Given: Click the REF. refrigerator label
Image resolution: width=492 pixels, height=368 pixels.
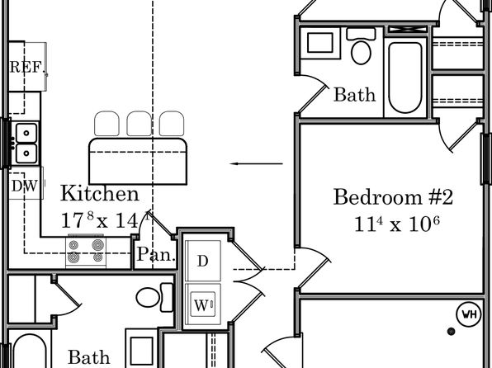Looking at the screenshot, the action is [26, 67].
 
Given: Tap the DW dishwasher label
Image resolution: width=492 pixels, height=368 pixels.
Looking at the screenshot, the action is [25, 186].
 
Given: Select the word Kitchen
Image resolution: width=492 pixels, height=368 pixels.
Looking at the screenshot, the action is [99, 193].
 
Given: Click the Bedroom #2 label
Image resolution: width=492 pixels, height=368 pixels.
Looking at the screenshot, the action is [393, 197].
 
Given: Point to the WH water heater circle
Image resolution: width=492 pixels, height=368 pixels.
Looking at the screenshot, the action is [469, 314].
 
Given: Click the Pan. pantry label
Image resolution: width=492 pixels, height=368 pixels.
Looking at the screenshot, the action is [156, 254].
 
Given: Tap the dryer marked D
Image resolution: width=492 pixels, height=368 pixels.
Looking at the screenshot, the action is [203, 261].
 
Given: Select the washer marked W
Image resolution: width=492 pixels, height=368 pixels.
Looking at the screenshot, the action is [203, 304].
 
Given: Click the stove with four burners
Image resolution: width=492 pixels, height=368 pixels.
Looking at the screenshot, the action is [86, 252].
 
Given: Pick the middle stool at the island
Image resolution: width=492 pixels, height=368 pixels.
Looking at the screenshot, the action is [139, 124].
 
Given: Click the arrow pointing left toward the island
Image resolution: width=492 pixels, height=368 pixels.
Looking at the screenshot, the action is [257, 163].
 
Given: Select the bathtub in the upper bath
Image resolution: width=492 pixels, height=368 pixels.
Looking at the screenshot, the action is [405, 78].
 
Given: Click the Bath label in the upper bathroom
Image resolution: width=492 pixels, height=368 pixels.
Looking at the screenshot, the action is [354, 94].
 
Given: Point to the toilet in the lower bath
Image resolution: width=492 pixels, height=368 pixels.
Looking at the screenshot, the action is [154, 297].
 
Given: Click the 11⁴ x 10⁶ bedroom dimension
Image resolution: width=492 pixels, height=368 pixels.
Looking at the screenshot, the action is [396, 224].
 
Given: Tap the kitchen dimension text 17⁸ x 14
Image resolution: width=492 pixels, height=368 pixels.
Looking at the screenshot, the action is [99, 220].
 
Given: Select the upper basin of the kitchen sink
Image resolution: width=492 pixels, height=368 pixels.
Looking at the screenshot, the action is [26, 133].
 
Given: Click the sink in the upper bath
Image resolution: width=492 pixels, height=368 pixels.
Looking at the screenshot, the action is [320, 42].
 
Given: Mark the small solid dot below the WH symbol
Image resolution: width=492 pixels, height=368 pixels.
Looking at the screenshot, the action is [452, 332].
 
